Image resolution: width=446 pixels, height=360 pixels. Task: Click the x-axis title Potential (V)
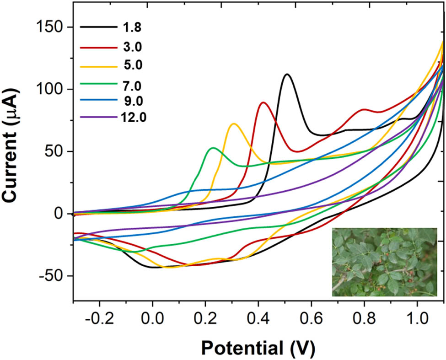click(258, 346)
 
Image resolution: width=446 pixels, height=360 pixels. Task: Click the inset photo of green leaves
click(384, 262)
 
